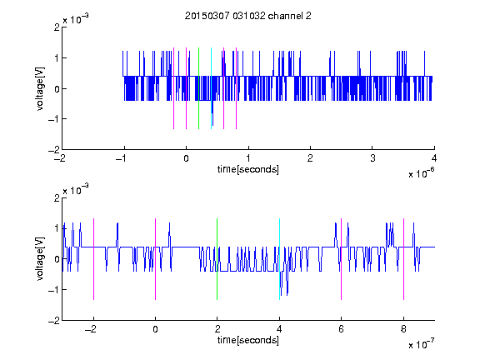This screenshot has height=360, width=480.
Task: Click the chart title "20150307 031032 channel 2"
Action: click(248, 16)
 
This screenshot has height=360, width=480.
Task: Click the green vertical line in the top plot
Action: click(198, 88)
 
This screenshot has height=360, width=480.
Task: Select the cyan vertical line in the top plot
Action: click(211, 88)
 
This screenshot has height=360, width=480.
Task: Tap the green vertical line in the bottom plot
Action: click(217, 259)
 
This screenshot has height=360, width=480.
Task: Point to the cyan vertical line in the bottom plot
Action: click(279, 259)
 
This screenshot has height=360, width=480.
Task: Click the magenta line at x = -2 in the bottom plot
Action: click(93, 259)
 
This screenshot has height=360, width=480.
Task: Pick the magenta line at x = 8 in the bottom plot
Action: click(404, 259)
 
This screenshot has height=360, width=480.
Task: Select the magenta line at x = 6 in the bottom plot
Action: click(342, 259)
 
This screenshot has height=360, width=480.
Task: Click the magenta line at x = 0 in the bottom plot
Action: click(156, 259)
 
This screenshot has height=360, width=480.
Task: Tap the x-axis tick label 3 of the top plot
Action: click(372, 158)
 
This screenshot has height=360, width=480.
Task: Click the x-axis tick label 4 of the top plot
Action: click(434, 158)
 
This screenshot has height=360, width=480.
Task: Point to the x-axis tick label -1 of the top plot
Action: click(122, 158)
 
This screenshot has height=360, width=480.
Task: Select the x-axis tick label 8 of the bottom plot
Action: click(403, 329)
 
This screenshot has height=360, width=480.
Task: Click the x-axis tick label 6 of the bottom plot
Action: click(342, 329)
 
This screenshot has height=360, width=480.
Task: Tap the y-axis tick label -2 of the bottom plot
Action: click(54, 321)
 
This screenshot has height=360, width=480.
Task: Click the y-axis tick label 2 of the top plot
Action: click(57, 27)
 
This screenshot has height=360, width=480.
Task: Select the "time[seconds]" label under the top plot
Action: click(248, 169)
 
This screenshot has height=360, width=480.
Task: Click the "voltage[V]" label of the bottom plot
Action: click(40, 259)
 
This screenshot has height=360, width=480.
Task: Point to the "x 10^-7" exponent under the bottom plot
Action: click(421, 344)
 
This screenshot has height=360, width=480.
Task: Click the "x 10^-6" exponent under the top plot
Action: click(421, 173)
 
